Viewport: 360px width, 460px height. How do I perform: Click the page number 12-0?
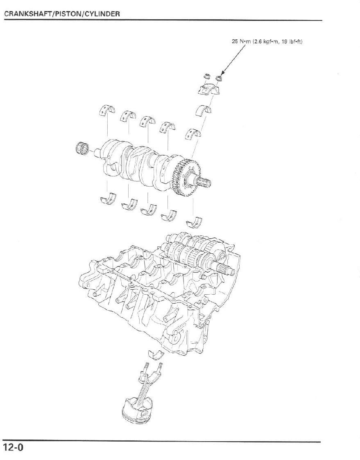(14, 447)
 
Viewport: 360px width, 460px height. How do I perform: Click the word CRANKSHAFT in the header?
(23, 14)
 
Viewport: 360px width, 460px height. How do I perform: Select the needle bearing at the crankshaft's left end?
(83, 148)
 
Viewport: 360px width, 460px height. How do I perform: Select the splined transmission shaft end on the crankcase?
(226, 269)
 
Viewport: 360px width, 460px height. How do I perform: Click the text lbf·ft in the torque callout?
(293, 41)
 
